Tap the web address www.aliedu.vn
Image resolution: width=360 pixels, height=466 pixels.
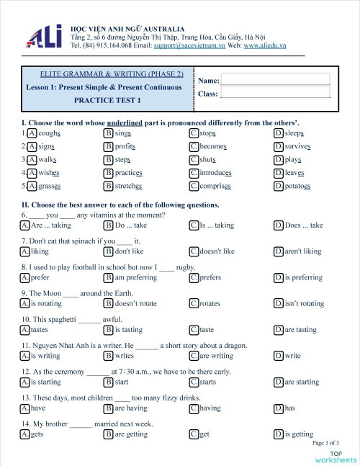(264, 45)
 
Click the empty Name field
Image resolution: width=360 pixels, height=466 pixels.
(275, 80)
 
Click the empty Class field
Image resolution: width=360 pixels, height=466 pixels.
(275, 93)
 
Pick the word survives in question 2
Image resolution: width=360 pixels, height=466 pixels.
(297, 146)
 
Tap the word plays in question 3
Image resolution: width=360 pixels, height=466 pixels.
(292, 160)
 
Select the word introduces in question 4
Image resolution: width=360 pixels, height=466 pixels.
(215, 173)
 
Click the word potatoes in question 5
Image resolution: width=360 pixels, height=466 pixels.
(297, 186)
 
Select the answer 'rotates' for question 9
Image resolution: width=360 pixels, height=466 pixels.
(210, 303)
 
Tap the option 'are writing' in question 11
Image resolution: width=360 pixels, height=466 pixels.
(216, 355)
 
